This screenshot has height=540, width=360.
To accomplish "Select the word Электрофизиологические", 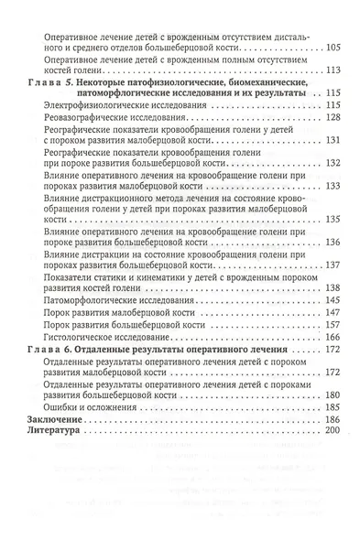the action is [x=93, y=106].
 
